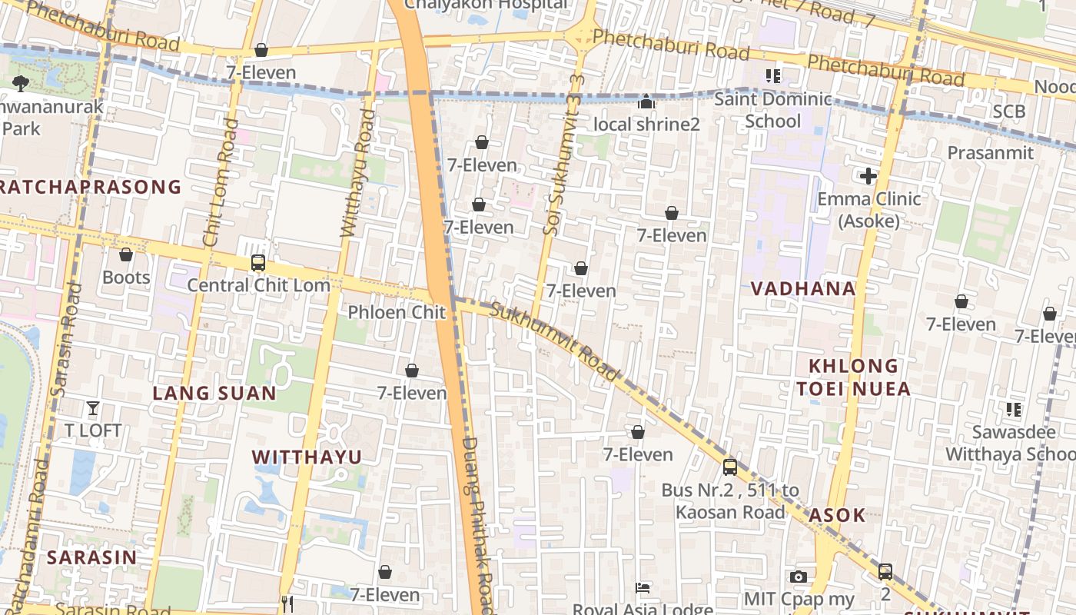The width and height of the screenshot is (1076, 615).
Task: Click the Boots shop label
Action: pos(126,277)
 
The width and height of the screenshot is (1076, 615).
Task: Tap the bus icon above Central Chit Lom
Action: pos(258,263)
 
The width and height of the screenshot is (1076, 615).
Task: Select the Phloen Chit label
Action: pos(397,312)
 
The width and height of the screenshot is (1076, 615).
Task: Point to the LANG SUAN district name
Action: pos(214,393)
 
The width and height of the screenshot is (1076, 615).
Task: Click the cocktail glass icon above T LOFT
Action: pos(93,407)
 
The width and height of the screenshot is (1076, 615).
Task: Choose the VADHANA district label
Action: pos(803,288)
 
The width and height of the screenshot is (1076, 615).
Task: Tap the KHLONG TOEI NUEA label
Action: pos(853,377)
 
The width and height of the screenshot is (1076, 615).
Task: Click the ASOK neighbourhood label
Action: pos(837,514)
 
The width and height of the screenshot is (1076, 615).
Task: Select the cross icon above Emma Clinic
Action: pos(868,176)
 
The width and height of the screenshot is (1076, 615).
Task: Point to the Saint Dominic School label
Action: pos(773,110)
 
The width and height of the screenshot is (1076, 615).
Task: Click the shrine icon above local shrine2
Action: pos(646,101)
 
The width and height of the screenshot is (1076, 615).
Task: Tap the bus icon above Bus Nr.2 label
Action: pos(730,467)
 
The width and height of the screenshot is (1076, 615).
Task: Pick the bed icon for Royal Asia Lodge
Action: pos(643,588)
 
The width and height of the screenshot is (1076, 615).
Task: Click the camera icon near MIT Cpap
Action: pos(799,577)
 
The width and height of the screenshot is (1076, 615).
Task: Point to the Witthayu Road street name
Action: pos(358,173)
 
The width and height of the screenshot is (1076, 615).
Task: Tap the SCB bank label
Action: pos(1008,111)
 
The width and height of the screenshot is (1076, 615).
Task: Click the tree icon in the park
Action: pos(21,83)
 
